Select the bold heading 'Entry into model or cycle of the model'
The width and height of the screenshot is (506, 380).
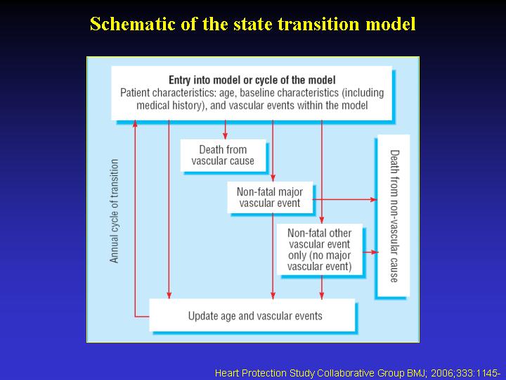click(x=252, y=80)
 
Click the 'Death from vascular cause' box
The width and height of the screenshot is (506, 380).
click(x=223, y=156)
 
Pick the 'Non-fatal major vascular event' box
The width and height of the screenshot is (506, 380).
click(x=270, y=198)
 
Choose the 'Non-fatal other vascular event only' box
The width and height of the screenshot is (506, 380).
click(x=320, y=249)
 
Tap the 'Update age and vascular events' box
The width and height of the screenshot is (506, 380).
click(x=252, y=315)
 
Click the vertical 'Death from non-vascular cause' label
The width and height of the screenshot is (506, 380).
click(x=394, y=216)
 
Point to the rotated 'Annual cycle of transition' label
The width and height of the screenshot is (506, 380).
click(x=115, y=211)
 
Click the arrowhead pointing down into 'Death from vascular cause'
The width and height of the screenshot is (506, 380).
click(x=226, y=136)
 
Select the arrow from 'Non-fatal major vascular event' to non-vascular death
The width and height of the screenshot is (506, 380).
click(x=344, y=199)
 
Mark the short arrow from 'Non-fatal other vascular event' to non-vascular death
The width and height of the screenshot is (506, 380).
click(x=370, y=252)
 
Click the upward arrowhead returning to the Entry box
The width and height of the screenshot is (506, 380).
click(x=135, y=124)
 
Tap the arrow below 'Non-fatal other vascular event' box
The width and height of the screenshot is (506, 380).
click(x=321, y=287)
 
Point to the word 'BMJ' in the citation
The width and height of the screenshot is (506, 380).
click(x=417, y=373)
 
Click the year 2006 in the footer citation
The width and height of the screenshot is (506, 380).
click(x=442, y=373)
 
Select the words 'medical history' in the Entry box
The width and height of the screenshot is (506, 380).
click(x=170, y=106)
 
